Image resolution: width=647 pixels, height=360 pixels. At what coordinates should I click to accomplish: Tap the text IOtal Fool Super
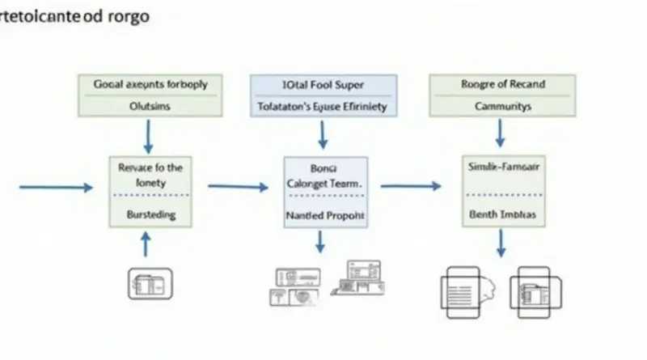click(x=322, y=84)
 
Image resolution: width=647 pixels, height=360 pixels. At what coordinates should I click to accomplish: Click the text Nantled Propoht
click(x=325, y=216)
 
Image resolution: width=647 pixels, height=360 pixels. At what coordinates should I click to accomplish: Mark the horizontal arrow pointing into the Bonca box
click(x=238, y=187)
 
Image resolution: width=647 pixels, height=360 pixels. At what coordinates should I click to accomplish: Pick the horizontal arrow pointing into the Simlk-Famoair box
click(x=411, y=186)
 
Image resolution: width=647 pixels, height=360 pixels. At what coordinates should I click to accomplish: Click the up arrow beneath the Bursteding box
click(x=146, y=244)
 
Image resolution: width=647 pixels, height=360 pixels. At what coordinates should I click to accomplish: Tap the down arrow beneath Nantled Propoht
click(x=320, y=241)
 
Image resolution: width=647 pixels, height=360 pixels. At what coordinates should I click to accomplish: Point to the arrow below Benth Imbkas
click(x=501, y=243)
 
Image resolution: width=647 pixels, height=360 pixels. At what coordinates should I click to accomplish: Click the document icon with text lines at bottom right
click(x=530, y=290)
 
